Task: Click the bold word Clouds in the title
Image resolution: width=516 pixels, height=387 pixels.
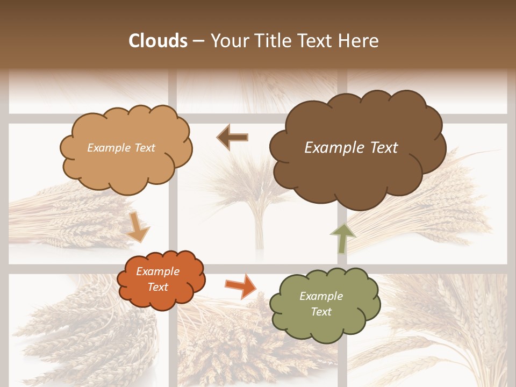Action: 158,41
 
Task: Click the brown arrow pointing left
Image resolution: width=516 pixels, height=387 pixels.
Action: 232,137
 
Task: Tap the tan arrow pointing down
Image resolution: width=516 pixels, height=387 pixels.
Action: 138,227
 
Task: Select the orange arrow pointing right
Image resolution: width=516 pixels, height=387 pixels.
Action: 240,285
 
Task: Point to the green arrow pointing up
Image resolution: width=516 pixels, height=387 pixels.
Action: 342,238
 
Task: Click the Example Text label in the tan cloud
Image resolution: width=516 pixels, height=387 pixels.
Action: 121,148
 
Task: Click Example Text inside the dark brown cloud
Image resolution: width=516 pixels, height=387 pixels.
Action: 351,148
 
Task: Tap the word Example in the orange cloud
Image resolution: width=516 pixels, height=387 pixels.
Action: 157,272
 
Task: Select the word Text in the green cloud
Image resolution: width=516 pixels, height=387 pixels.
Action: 321,312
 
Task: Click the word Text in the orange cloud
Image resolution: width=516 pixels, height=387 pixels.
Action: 157,287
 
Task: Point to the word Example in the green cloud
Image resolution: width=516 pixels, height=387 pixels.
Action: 321,296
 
